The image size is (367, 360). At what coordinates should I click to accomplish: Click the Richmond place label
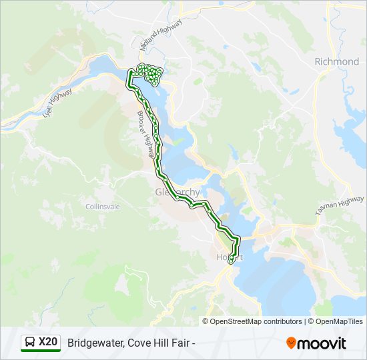pyautogui.click(x=337, y=61)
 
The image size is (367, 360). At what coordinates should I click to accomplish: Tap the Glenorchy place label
pyautogui.click(x=177, y=192)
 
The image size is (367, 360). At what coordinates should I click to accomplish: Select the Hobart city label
pyautogui.click(x=230, y=257)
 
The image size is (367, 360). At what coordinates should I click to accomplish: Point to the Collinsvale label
pyautogui.click(x=103, y=207)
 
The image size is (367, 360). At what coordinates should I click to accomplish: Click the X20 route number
pyautogui.click(x=48, y=343)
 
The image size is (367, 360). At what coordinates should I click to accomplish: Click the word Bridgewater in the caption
pyautogui.click(x=93, y=343)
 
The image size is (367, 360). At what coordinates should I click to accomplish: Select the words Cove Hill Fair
pyautogui.click(x=157, y=343)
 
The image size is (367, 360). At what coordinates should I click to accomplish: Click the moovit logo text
pyautogui.click(x=322, y=343)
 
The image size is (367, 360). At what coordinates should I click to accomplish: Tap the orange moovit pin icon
pyautogui.click(x=291, y=343)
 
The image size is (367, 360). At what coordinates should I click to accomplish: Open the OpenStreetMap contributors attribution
pyautogui.click(x=256, y=321)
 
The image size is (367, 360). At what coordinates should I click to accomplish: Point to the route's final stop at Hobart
pyautogui.click(x=231, y=262)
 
